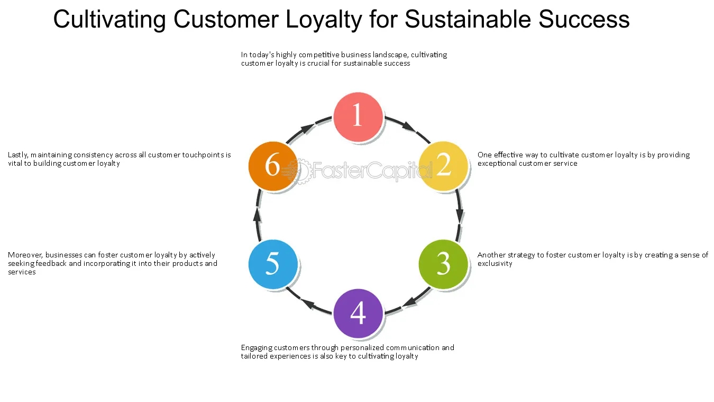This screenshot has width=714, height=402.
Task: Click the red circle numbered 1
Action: click(358, 117)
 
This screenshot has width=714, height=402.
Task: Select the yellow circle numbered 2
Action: click(443, 166)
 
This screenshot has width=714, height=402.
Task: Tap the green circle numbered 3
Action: click(443, 264)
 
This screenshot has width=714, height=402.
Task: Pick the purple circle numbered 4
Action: click(358, 314)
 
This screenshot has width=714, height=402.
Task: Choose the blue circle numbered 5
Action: click(272, 264)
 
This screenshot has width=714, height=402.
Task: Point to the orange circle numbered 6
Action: click(272, 166)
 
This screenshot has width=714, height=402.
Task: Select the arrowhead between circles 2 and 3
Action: click(460, 216)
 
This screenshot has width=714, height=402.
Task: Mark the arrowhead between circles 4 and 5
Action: click(308, 303)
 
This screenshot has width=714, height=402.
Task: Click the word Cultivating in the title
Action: click(110, 20)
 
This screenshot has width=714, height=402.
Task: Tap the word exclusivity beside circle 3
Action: click(495, 264)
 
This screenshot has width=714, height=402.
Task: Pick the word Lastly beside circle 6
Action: click(18, 155)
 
